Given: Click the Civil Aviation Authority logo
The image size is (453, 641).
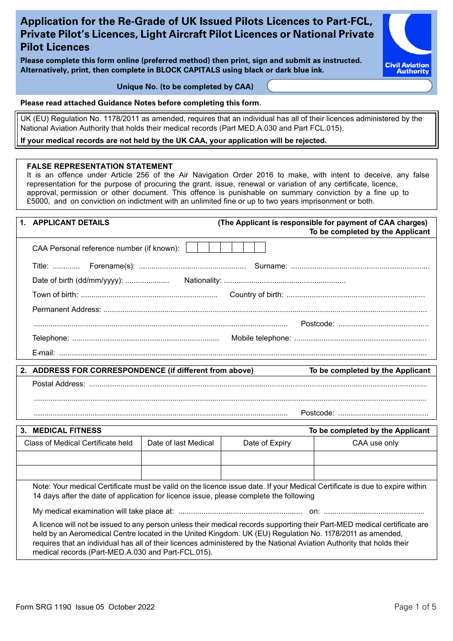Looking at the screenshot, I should point(407,45).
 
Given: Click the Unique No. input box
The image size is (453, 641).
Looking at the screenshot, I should point(349,86).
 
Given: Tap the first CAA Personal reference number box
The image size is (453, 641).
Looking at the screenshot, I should point(192,248).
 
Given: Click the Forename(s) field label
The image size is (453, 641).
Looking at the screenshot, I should point(112,266).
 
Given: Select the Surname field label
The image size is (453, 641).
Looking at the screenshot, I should point(270,266).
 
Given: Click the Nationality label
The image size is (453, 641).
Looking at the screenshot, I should point(203,280).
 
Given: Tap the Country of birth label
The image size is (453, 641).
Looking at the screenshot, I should point(256,295).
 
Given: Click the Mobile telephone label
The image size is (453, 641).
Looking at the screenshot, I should point(261,338).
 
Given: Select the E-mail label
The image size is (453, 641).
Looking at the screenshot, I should point(43,353).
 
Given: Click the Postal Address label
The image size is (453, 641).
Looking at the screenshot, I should point(59,384).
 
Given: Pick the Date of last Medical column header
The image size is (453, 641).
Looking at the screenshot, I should point(181,443).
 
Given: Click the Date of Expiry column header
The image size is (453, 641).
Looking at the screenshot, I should point(267,443).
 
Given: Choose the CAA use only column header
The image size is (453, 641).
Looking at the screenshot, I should point(375,443).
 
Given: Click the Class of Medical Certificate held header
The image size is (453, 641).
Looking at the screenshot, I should point(78,443).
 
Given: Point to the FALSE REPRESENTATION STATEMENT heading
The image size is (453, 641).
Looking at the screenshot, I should point(100,166).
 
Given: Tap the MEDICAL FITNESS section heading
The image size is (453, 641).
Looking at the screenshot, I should point(67,431).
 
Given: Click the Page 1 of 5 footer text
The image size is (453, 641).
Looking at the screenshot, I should point(415,607).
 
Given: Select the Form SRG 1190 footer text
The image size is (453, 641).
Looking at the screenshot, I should point(43,607).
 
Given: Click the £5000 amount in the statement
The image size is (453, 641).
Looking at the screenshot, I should point(38,201).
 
